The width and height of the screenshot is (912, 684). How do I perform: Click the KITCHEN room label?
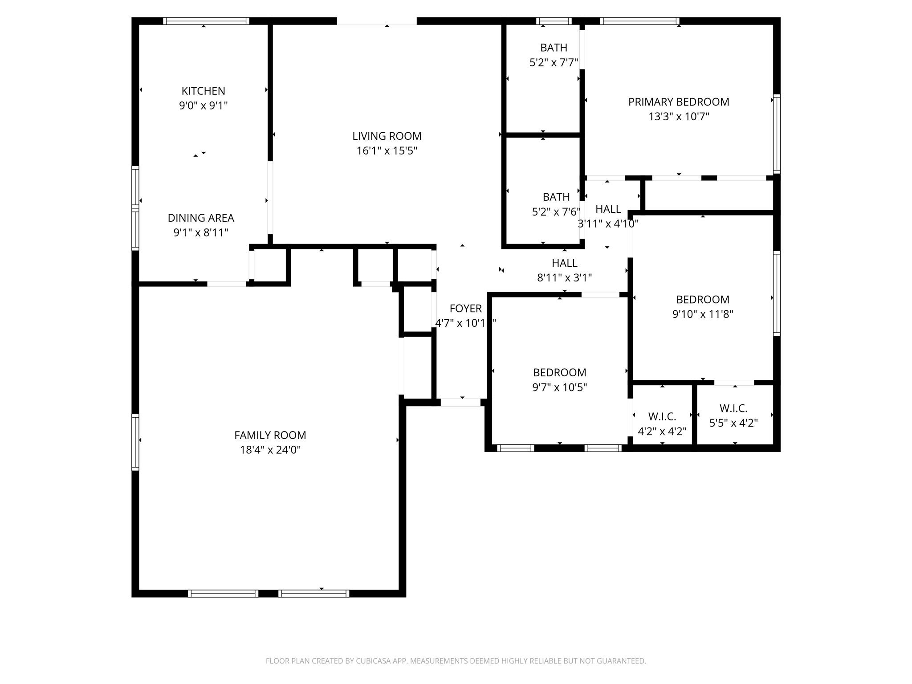pyautogui.click(x=203, y=91)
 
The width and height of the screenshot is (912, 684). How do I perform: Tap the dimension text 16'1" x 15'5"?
pyautogui.click(x=387, y=151)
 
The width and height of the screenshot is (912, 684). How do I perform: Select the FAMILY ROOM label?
pyautogui.click(x=270, y=435)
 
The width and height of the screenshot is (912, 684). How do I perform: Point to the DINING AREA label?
pyautogui.click(x=201, y=218)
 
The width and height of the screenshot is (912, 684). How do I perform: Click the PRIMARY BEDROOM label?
pyautogui.click(x=678, y=102)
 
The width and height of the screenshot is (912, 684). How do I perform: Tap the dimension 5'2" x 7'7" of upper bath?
pyautogui.click(x=554, y=63)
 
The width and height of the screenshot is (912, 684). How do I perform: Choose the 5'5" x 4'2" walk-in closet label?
pyautogui.click(x=733, y=423)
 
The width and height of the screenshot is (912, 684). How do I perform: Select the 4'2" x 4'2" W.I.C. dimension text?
pyautogui.click(x=662, y=431)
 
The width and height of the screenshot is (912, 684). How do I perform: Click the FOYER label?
pyautogui.click(x=465, y=308)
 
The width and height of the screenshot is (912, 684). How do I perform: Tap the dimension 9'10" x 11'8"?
pyautogui.click(x=702, y=314)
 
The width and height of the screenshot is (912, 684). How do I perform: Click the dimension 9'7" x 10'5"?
pyautogui.click(x=559, y=387)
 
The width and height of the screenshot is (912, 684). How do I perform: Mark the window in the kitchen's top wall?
pyautogui.click(x=206, y=21)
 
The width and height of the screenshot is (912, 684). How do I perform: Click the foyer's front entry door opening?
pyautogui.click(x=460, y=402)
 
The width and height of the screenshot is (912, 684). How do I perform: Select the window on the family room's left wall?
pyautogui.click(x=135, y=442)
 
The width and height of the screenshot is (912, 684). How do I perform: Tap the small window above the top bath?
pyautogui.click(x=554, y=21)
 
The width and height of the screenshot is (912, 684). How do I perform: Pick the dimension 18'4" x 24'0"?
pyautogui.click(x=270, y=450)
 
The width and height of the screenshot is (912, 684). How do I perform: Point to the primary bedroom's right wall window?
pyautogui.click(x=777, y=134)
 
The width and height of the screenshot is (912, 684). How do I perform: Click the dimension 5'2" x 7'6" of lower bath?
pyautogui.click(x=556, y=212)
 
